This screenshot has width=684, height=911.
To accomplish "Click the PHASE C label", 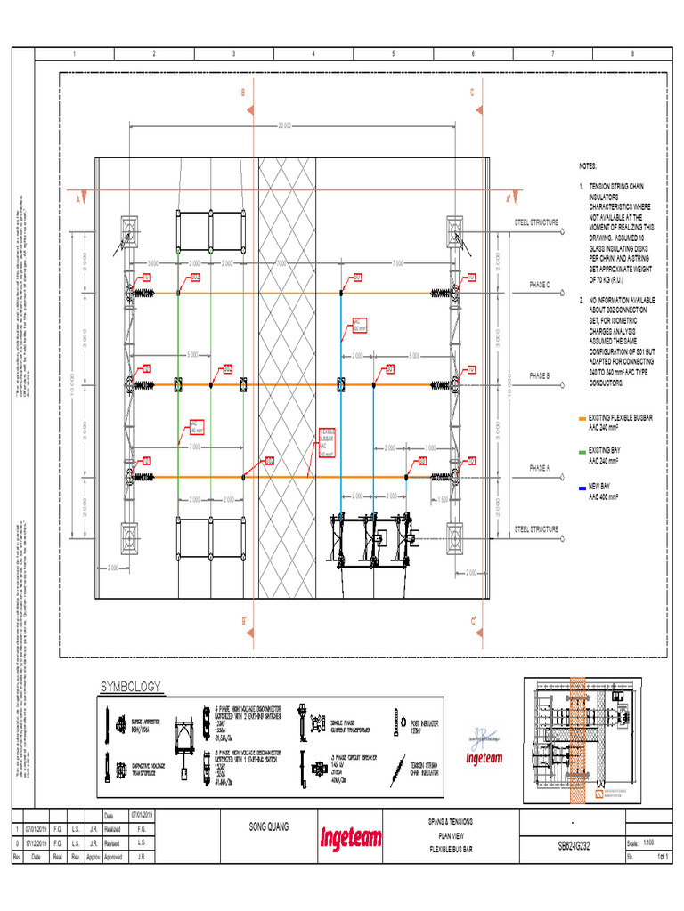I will (541, 285).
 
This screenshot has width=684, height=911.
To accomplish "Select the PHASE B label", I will (541, 376).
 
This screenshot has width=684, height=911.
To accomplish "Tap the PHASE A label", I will (541, 468).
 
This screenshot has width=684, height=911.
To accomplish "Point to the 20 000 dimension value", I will (285, 125).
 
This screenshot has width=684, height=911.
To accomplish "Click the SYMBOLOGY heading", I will (130, 686).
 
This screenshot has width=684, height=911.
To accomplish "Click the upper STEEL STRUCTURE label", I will (537, 222).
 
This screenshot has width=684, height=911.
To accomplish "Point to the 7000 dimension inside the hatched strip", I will (281, 263).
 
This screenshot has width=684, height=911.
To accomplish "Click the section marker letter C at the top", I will (472, 92).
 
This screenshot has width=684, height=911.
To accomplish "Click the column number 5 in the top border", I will (393, 54).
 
